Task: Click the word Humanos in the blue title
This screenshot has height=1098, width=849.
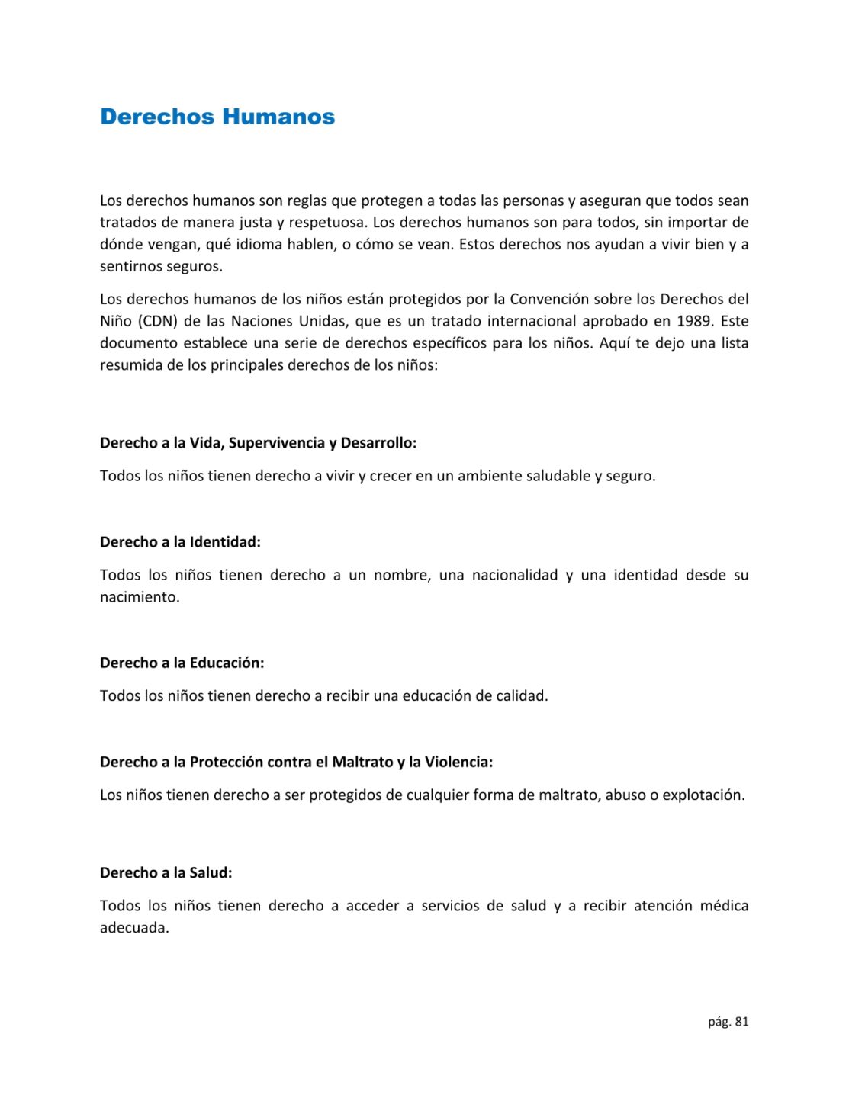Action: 278,117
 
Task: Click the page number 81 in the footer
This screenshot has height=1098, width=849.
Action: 741,1022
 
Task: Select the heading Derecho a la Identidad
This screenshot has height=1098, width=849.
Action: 180,542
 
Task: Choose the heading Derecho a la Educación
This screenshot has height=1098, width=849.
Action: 182,663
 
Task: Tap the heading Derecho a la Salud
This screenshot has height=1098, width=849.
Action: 166,872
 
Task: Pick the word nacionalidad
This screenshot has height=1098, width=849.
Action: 515,575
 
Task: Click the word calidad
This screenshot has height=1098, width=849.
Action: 522,695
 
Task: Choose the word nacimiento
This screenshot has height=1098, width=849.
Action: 140,597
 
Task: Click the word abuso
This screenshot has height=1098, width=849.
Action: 625,795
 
